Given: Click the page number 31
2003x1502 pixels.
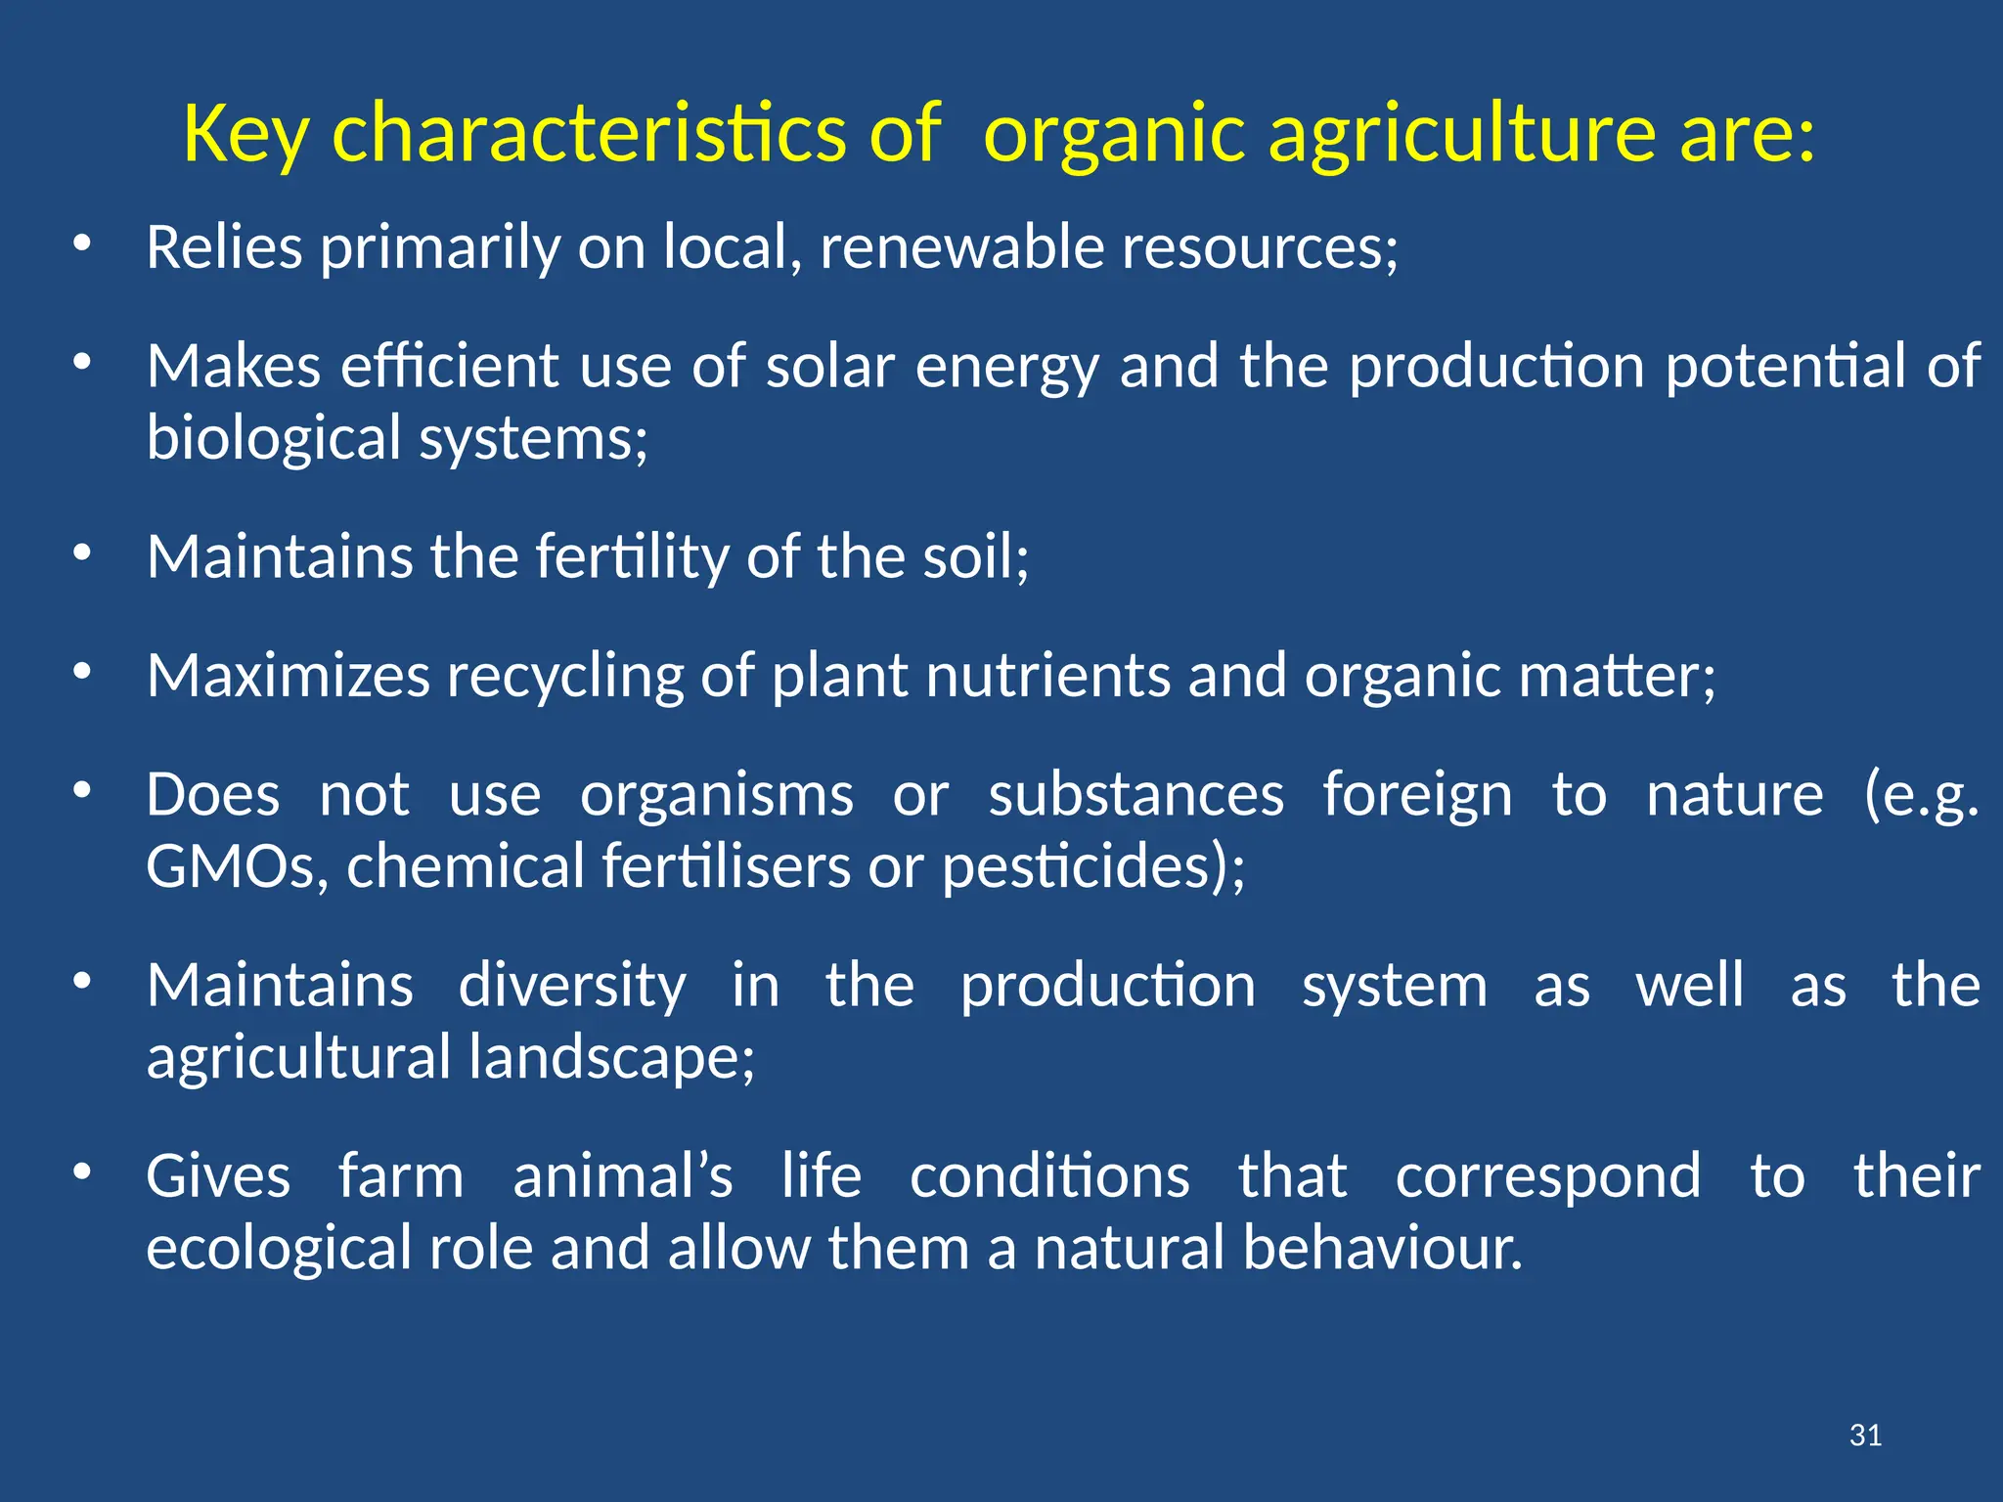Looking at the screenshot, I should (1865, 1436).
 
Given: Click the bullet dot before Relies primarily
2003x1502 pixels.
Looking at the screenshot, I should (82, 243).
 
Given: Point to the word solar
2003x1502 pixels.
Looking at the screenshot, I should (830, 367).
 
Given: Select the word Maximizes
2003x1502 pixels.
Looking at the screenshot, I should (288, 676).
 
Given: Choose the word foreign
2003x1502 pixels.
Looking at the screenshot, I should (1417, 794).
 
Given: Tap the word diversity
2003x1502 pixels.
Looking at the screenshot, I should (572, 985).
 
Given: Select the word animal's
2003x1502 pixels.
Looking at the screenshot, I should (623, 1175).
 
